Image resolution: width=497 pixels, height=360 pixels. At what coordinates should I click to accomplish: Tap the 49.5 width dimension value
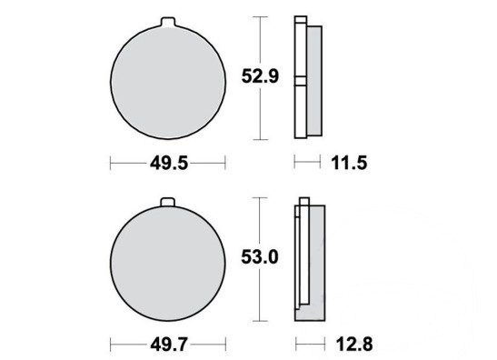click(167, 164)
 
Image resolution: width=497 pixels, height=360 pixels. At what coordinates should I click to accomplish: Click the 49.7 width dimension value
click(167, 345)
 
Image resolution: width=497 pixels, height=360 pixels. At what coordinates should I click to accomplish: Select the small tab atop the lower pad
click(167, 203)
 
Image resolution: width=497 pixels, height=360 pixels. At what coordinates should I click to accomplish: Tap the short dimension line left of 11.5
click(308, 164)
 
